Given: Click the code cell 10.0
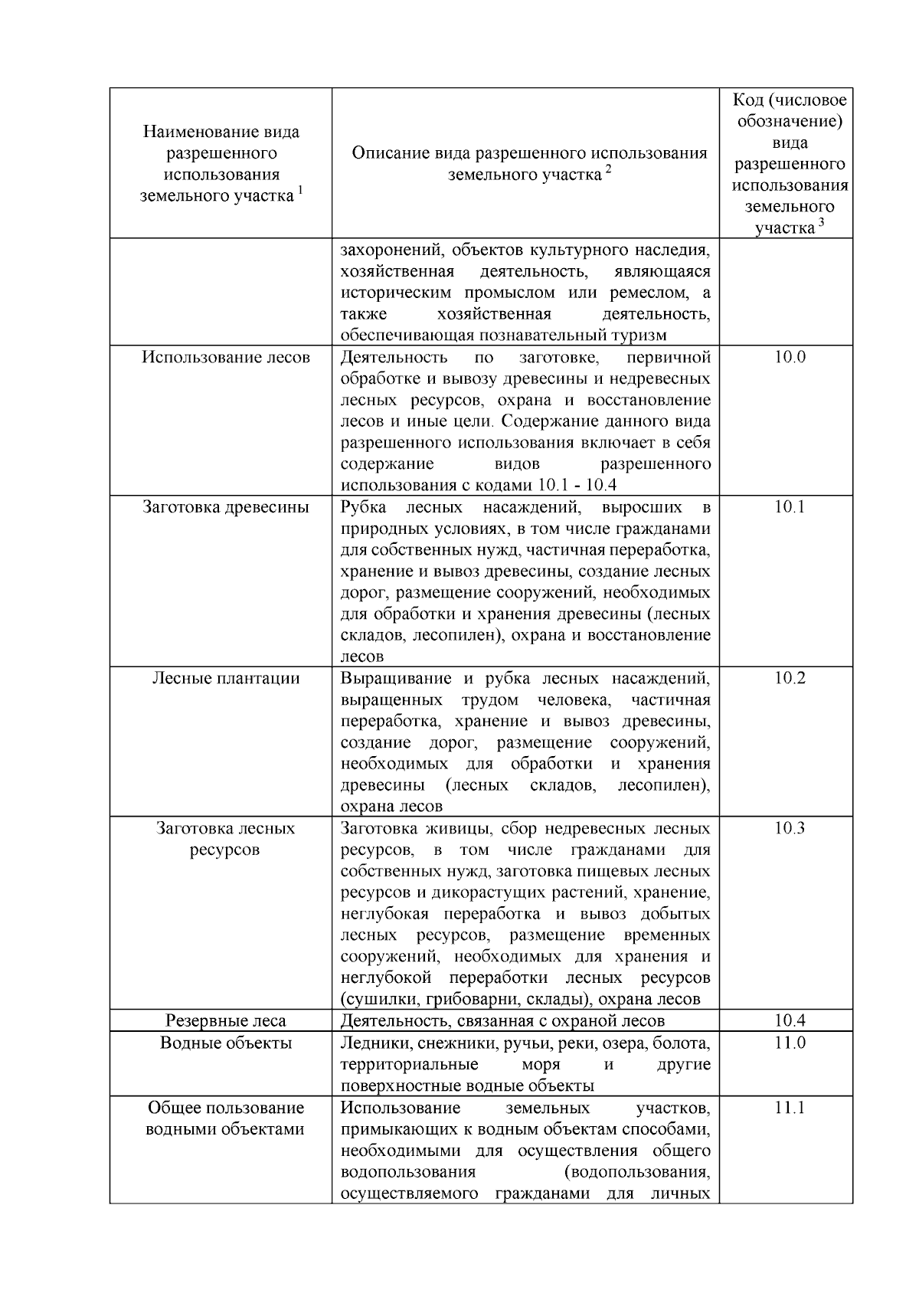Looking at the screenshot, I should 790,357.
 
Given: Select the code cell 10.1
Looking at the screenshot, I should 790,507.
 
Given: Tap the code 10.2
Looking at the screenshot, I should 790,678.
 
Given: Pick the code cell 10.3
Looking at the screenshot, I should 790,828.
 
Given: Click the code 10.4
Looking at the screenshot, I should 790,1020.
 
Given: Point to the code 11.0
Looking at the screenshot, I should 790,1043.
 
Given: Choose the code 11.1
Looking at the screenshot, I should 790,1108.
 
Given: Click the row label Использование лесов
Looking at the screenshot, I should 226,357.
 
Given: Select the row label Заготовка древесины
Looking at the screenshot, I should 226,507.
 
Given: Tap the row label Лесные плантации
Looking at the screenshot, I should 226,678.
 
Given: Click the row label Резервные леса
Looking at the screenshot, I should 226,1020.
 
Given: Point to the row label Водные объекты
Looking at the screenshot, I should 226,1043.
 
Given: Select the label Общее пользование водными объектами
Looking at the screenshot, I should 226,1118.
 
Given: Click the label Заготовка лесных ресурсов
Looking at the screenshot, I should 226,839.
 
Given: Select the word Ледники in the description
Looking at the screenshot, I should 370,1043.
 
